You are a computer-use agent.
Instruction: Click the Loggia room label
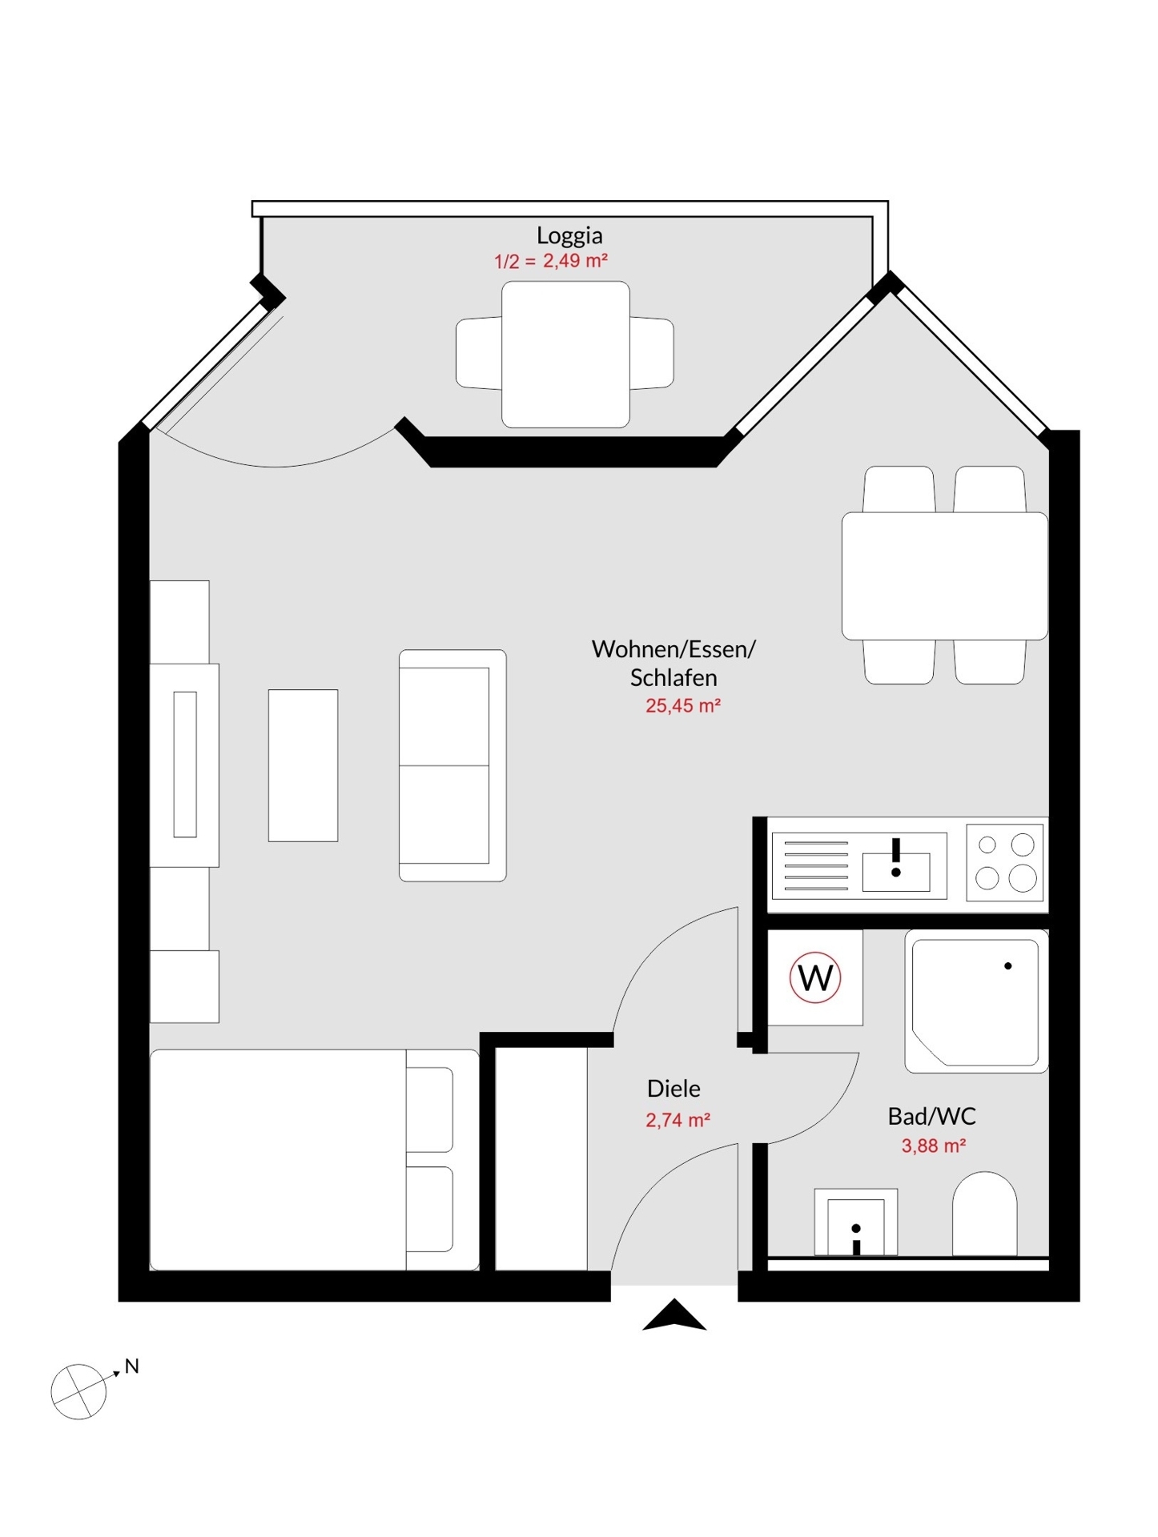tap(569, 235)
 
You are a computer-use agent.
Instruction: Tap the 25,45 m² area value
tap(682, 705)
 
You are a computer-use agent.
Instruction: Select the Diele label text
tap(673, 1088)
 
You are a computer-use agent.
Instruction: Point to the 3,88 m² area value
tap(933, 1146)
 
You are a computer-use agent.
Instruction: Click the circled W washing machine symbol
tap(815, 977)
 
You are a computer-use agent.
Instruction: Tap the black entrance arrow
tap(674, 1314)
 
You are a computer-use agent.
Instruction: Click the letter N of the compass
tap(132, 1366)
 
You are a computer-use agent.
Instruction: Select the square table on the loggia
tap(565, 354)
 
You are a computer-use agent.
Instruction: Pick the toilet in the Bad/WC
tap(984, 1214)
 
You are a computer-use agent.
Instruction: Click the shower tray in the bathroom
tap(976, 1001)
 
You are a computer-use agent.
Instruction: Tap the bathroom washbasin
tap(855, 1222)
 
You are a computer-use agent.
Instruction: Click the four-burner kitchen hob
tap(1005, 863)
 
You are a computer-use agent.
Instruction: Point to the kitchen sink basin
tap(896, 872)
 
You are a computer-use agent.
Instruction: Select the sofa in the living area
tap(452, 765)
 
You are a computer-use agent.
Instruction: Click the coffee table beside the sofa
tap(303, 765)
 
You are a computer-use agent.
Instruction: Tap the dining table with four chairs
tap(945, 576)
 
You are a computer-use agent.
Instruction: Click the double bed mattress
tap(314, 1159)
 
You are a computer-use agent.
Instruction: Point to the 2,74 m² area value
tap(678, 1119)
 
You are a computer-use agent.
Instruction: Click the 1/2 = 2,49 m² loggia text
tap(551, 261)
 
